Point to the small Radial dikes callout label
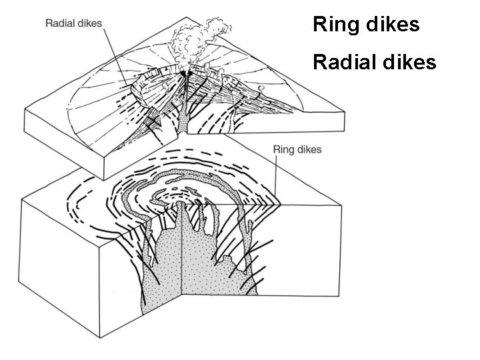coord(73,23)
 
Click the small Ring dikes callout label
coord(297,150)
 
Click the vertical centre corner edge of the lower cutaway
coord(182,267)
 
